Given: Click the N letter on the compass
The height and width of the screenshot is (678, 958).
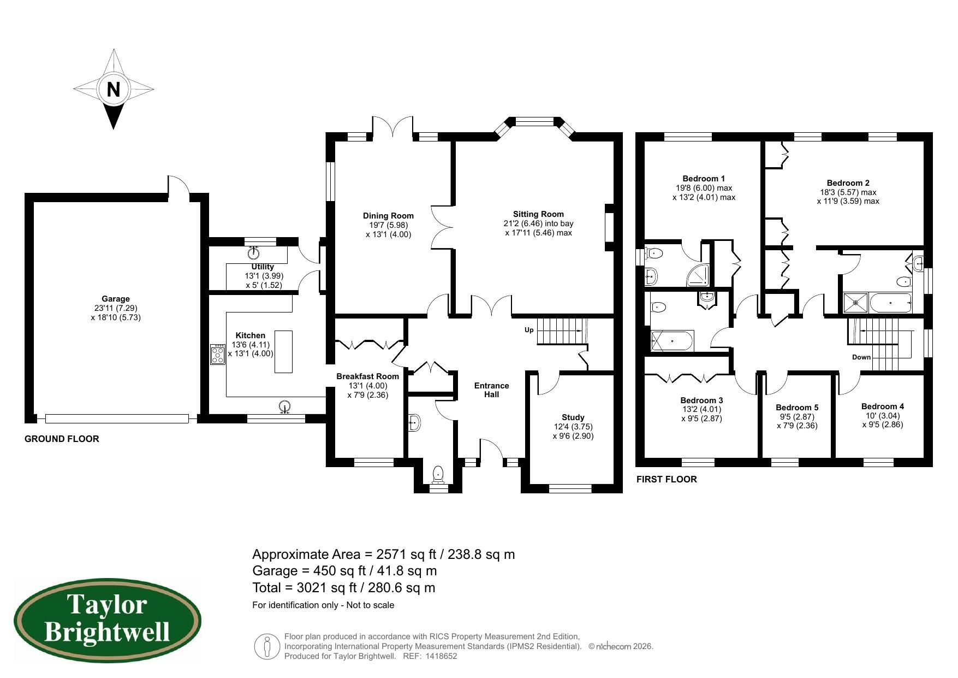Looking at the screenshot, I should (x=113, y=89).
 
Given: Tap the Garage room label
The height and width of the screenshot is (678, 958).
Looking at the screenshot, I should (x=116, y=299).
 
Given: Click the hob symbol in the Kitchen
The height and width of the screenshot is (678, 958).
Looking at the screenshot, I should (x=218, y=354).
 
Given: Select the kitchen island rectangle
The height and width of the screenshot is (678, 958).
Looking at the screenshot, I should (x=283, y=351).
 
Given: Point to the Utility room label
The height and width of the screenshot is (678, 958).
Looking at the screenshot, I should (x=263, y=267).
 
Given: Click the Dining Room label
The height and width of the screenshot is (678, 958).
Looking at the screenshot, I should (x=388, y=216).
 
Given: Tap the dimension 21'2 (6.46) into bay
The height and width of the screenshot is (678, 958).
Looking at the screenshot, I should (x=538, y=223).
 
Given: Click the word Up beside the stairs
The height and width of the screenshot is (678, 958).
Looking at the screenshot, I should (x=528, y=330).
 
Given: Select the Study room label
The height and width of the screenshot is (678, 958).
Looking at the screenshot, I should (x=573, y=417).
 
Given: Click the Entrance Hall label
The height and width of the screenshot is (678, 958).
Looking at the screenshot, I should (x=491, y=390).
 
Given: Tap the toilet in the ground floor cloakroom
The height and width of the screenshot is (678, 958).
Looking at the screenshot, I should (x=438, y=474).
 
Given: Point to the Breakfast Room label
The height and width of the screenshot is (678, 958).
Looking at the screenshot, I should (x=367, y=376).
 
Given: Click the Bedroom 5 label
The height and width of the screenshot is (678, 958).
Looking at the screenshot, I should (x=797, y=408).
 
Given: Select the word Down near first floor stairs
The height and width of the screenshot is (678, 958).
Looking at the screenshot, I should (x=861, y=357).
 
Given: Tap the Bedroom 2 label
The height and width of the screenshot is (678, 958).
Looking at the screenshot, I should (x=848, y=183).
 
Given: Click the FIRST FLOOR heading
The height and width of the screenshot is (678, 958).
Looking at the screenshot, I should (x=667, y=479).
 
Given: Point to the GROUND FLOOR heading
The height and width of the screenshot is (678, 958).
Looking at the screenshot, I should (x=62, y=439).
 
